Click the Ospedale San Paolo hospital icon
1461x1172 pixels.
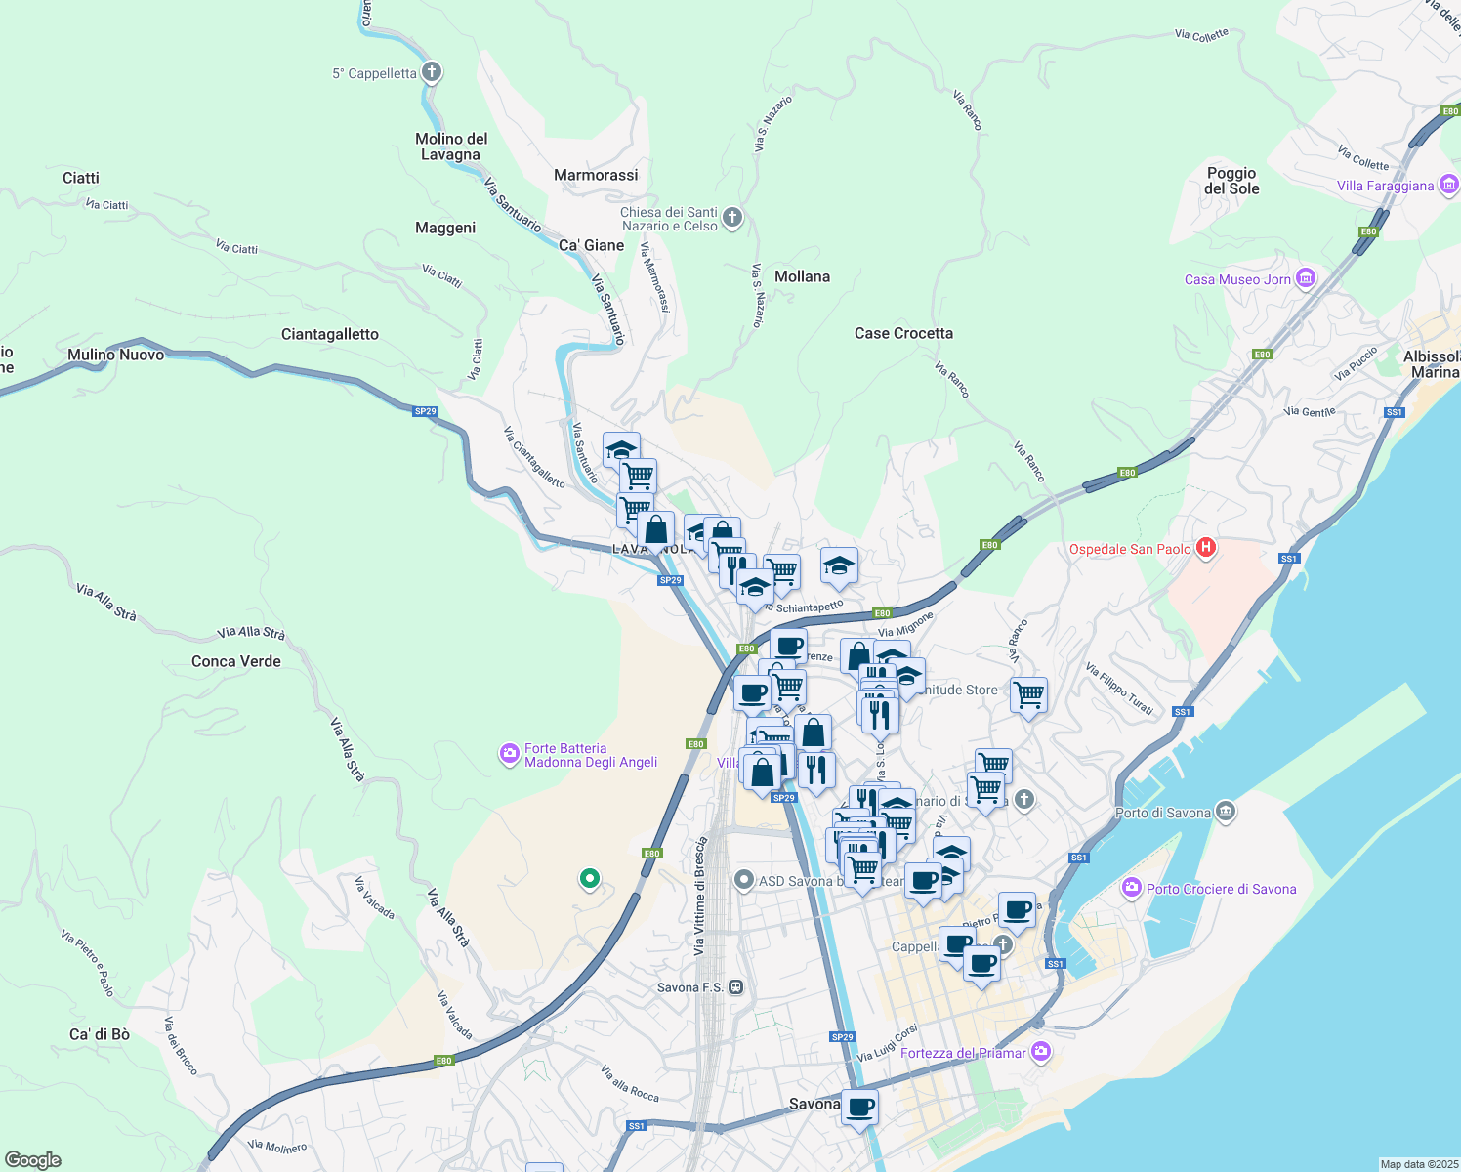[1206, 548]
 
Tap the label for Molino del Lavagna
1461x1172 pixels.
[451, 146]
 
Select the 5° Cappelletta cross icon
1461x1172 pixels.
[432, 72]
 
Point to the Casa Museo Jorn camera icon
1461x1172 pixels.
[1306, 279]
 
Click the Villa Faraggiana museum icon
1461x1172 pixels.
[1448, 185]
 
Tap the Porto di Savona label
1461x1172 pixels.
[1162, 813]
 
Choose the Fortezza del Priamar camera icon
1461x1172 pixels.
[1041, 1052]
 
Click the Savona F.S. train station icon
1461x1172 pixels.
[736, 987]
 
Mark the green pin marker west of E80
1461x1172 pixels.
[589, 879]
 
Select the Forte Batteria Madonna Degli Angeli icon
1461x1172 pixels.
[509, 754]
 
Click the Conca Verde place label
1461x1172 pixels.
[236, 661]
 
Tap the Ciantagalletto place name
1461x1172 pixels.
[330, 334]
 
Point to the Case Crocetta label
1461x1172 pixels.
[903, 333]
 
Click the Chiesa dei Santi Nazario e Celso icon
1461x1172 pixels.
[731, 219]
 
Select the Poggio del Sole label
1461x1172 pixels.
[1231, 181]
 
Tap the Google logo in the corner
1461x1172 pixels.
[33, 1159]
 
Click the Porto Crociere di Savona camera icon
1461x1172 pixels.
[1131, 888]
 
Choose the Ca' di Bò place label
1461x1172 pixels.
[100, 1034]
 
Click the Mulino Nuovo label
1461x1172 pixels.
[116, 355]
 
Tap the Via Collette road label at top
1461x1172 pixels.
[1201, 35]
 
